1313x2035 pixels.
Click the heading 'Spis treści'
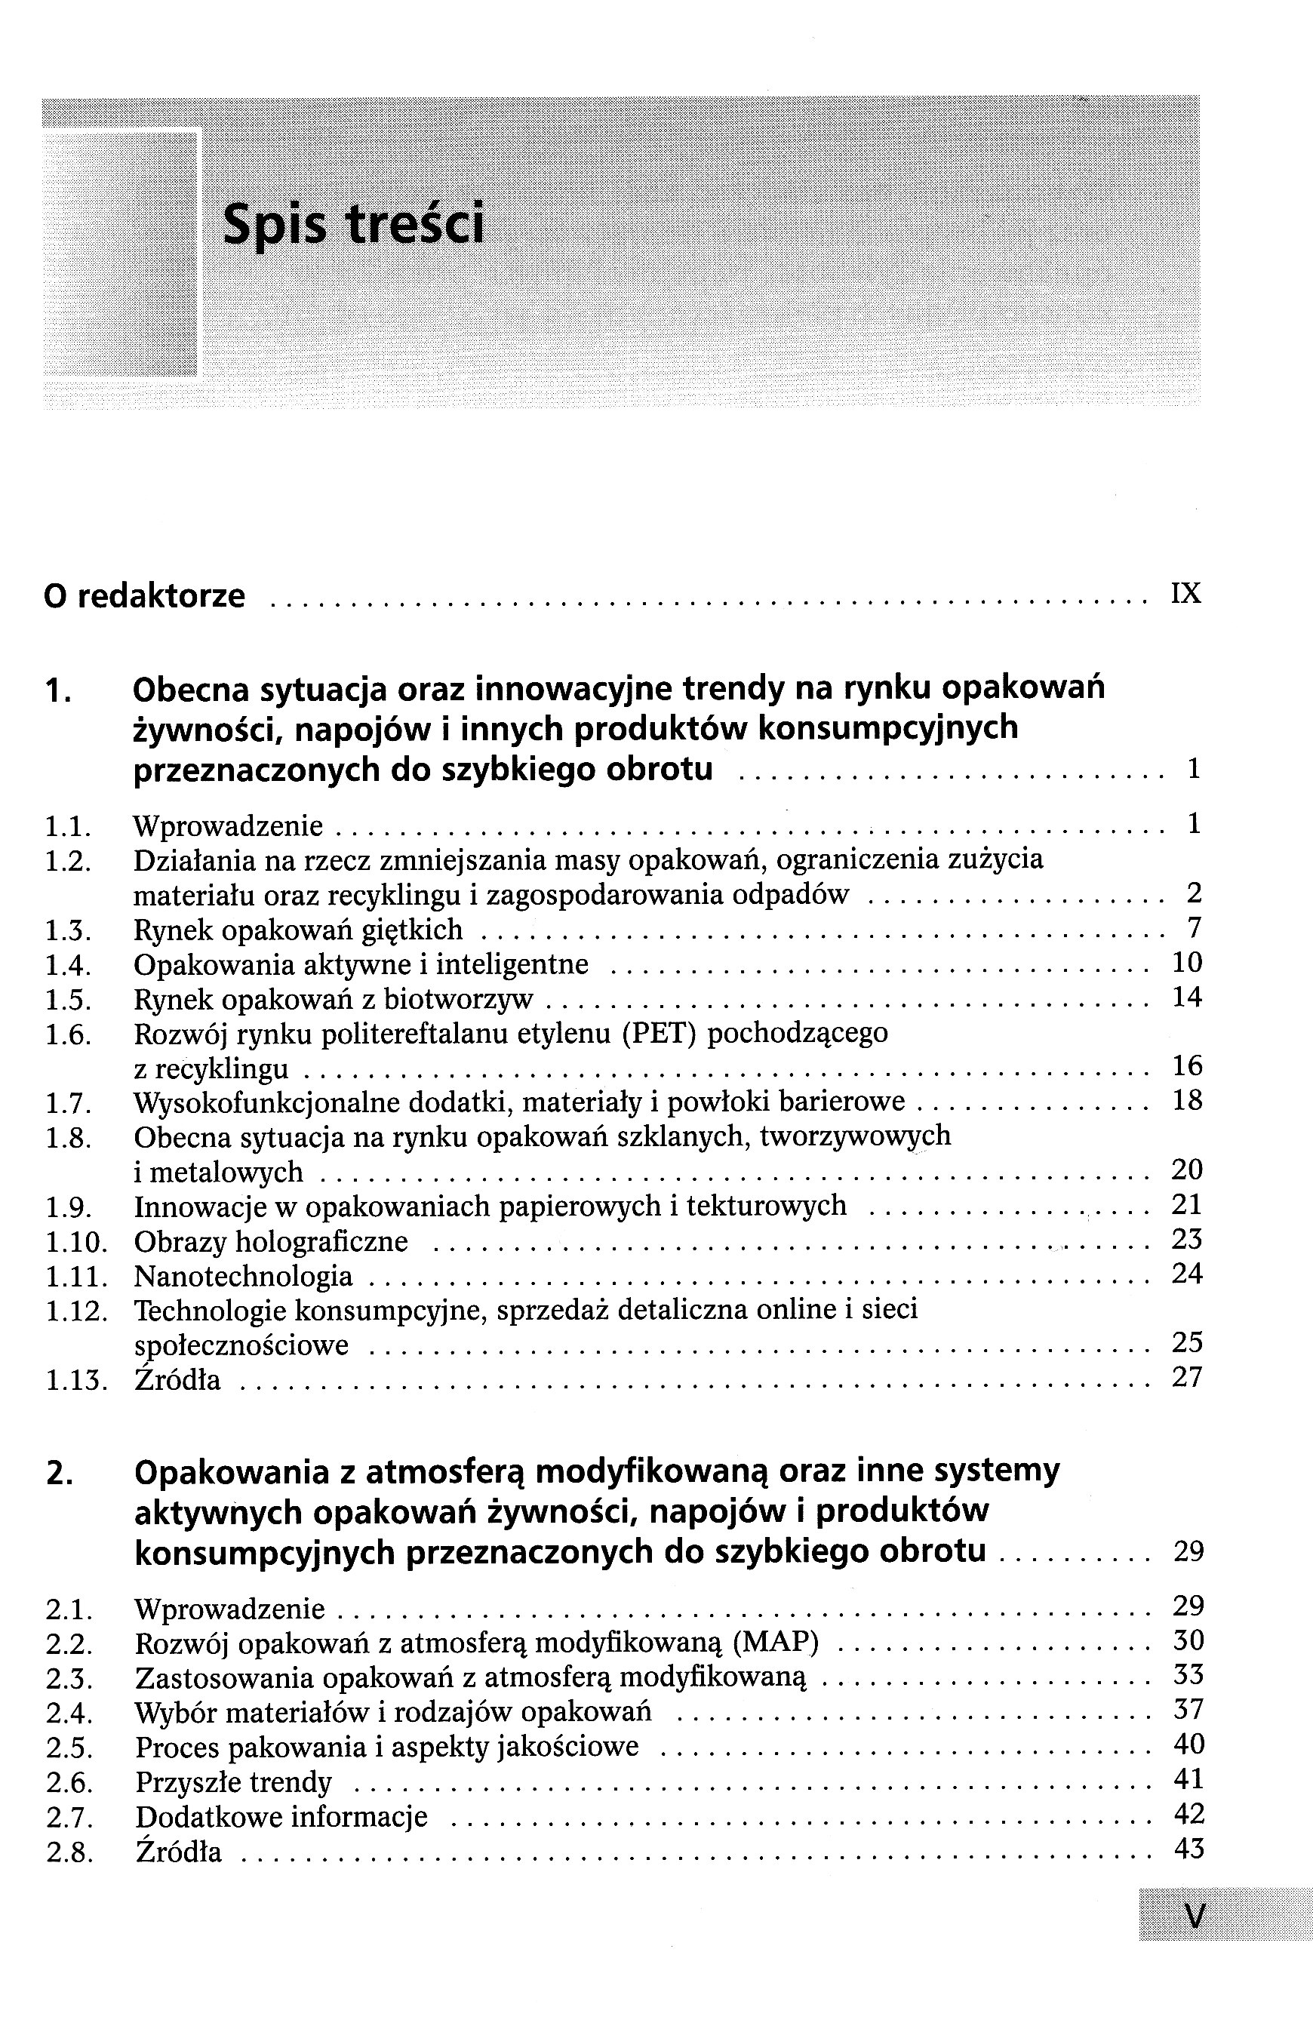pyautogui.click(x=353, y=223)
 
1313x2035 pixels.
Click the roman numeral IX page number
pyautogui.click(x=1186, y=593)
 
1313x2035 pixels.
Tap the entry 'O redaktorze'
pyautogui.click(x=144, y=596)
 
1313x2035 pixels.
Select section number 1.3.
pyautogui.click(x=68, y=930)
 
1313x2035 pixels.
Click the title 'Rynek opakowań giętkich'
pyautogui.click(x=298, y=930)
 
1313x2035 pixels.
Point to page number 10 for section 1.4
pyautogui.click(x=1187, y=963)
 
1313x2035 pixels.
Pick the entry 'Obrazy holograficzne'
pyautogui.click(x=271, y=1241)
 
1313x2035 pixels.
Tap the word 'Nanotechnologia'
pyautogui.click(x=243, y=1276)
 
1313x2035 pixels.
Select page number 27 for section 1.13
pyautogui.click(x=1187, y=1378)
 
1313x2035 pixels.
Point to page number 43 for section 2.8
pyautogui.click(x=1188, y=1849)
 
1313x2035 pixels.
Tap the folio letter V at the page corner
pyautogui.click(x=1195, y=1917)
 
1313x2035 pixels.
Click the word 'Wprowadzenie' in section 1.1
pyautogui.click(x=229, y=825)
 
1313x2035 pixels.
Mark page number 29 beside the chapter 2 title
pyautogui.click(x=1188, y=1551)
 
